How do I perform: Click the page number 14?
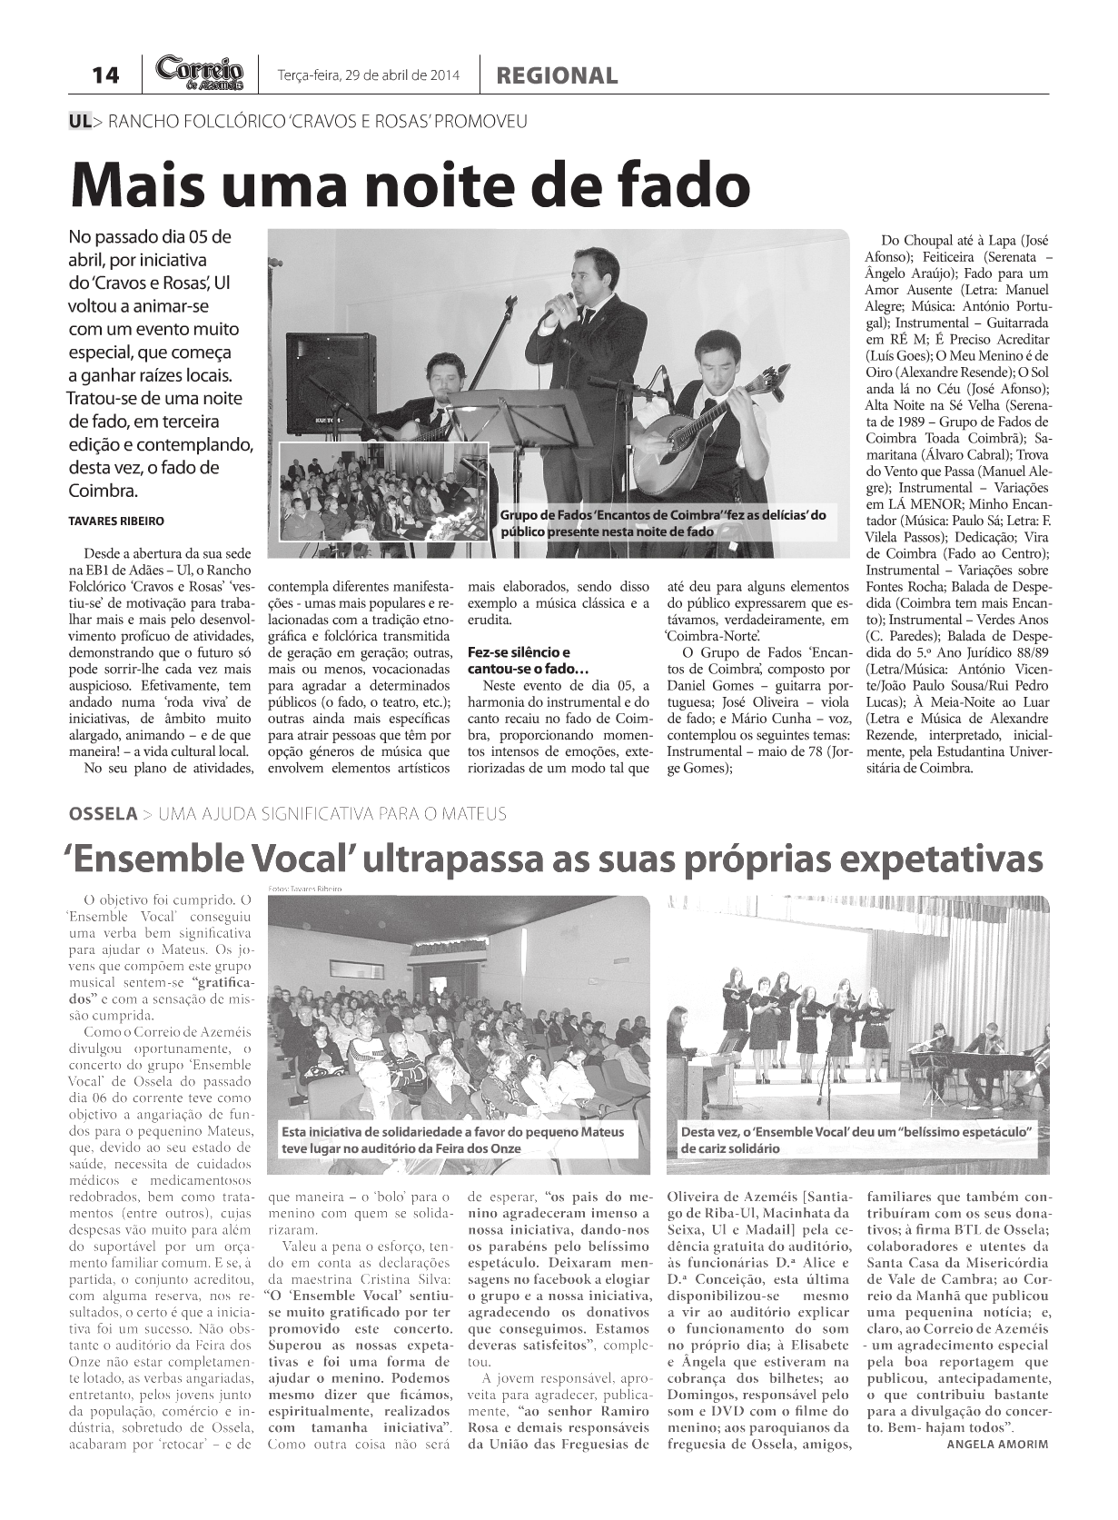(105, 75)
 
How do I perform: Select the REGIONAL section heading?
(557, 76)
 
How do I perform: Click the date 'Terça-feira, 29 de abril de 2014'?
(368, 76)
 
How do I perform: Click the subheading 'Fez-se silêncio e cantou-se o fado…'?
(519, 661)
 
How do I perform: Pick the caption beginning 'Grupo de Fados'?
(663, 522)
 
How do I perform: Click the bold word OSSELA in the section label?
(103, 813)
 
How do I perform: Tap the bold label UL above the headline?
(80, 121)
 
